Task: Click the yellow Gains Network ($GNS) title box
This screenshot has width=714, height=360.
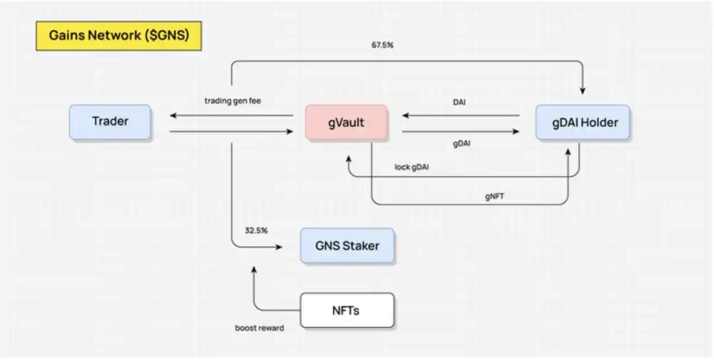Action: click(118, 36)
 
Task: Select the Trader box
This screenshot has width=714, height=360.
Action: click(110, 122)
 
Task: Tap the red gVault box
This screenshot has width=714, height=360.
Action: click(346, 123)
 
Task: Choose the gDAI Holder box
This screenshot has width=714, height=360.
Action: click(583, 123)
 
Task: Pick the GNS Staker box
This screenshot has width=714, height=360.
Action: click(347, 245)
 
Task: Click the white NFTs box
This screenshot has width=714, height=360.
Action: click(347, 310)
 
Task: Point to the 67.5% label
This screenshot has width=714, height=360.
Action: click(381, 45)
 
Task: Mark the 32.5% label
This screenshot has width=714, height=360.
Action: click(256, 230)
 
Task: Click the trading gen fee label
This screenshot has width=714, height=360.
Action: click(233, 101)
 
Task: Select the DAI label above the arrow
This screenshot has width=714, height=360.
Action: click(459, 102)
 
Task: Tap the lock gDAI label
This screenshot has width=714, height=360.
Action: click(412, 167)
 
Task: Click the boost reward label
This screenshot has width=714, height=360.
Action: click(259, 328)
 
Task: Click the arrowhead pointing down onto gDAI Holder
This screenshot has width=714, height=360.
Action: click(583, 90)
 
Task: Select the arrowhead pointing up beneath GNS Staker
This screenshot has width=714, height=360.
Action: click(254, 269)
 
